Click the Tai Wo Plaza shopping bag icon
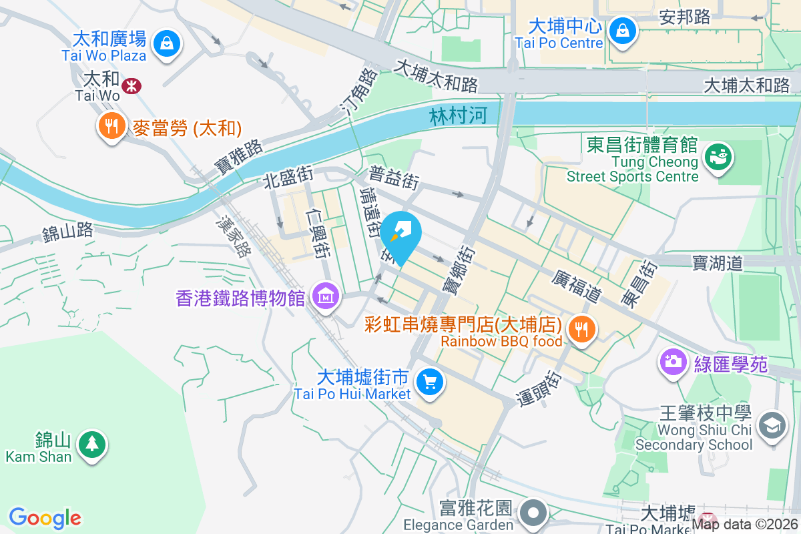point(166,44)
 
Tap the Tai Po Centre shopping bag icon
point(622,31)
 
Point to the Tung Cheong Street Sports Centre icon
point(719,157)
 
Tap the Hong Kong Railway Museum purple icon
point(325,296)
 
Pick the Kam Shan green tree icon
point(91,444)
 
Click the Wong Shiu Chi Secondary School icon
point(772,425)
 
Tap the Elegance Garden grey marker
point(535,513)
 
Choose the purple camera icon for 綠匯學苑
point(674,362)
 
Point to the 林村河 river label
point(455,116)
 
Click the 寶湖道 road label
point(717,263)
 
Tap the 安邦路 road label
point(685,17)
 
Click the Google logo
point(45,518)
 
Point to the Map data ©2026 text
point(745,525)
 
